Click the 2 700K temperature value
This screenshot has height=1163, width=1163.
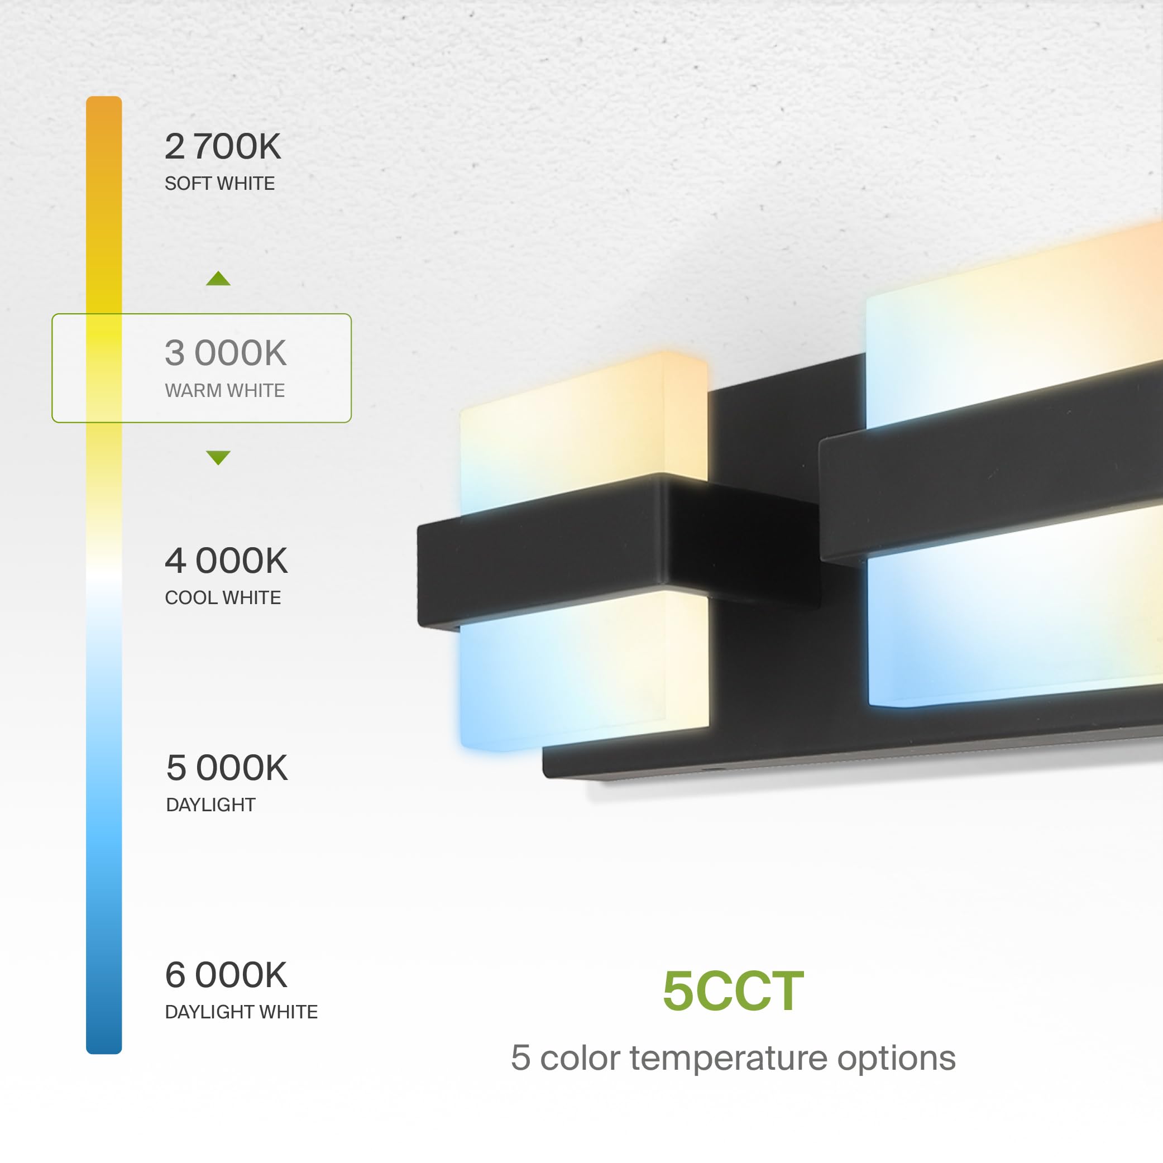[x=223, y=146]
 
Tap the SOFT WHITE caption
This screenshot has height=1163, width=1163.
[x=220, y=184]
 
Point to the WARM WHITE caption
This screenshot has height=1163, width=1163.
[x=224, y=391]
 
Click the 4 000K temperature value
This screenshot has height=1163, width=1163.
[x=226, y=561]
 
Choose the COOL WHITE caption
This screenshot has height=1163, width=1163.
[x=223, y=598]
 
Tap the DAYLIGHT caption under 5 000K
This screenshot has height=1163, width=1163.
[x=210, y=805]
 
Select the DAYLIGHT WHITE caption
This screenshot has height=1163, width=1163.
[x=241, y=1012]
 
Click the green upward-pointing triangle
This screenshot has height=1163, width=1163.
[x=218, y=279]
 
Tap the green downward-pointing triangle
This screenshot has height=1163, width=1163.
[x=218, y=457]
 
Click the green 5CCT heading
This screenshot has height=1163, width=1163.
[x=733, y=991]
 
